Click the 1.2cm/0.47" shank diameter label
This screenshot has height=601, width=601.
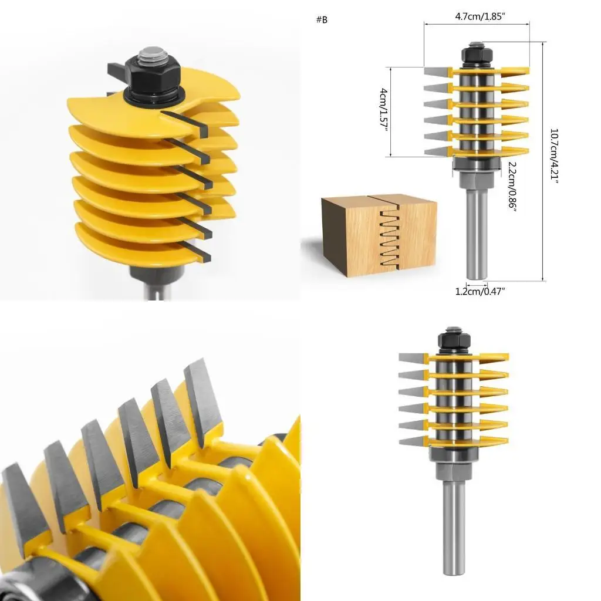click(480, 291)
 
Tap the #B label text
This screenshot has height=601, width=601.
click(322, 20)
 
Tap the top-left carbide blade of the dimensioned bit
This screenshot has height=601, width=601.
click(437, 72)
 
